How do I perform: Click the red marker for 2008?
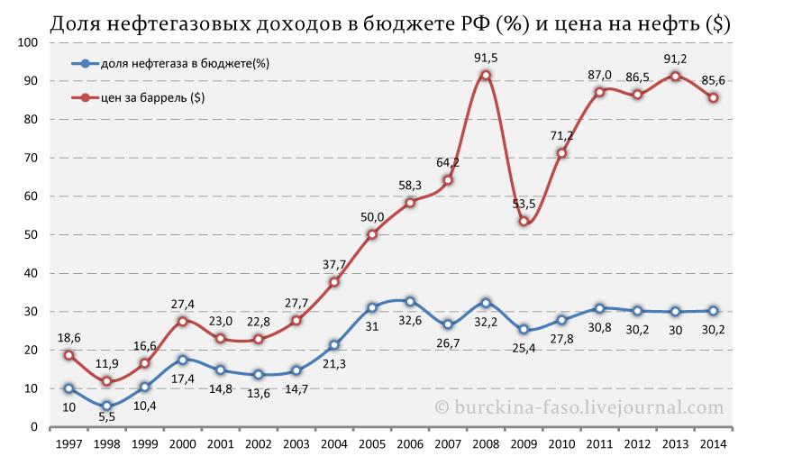pos(486,76)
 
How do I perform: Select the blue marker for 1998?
pos(106,406)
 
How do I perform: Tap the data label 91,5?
pos(486,59)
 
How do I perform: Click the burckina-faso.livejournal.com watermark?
pos(579,407)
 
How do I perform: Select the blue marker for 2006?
pos(410,302)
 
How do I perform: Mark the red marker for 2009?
pos(524,222)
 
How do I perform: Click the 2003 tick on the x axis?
pos(296,444)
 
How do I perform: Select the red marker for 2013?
pos(675,77)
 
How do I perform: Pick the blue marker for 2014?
pos(713,311)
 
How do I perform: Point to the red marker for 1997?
pos(68,355)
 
